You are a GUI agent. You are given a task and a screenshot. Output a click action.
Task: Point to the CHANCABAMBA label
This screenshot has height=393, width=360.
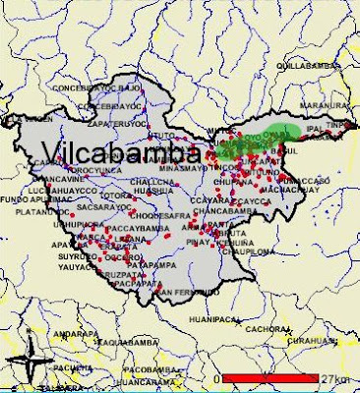[x=227, y=210]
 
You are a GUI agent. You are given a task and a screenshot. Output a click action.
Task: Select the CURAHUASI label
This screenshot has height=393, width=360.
[x=321, y=341]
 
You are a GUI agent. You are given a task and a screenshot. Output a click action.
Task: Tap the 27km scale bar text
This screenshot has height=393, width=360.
[x=334, y=378]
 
